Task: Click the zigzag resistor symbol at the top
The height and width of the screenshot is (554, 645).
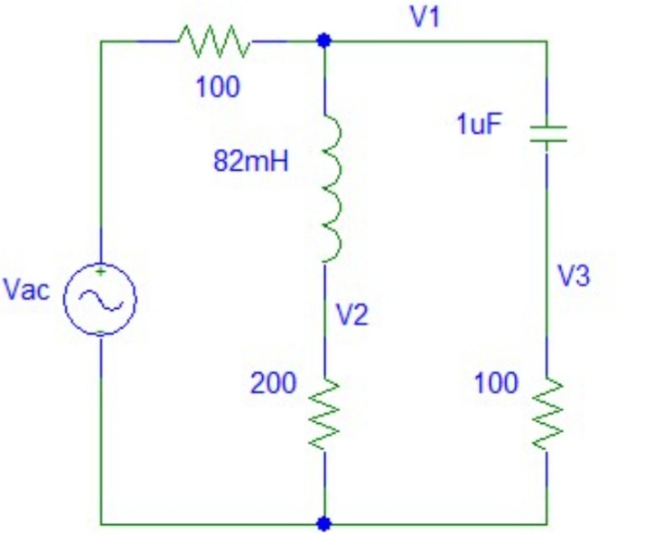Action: point(214,41)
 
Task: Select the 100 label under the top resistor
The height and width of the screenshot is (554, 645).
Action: point(218,88)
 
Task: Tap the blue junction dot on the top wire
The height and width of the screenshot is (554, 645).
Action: point(324,41)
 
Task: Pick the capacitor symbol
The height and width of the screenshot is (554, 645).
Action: point(547,135)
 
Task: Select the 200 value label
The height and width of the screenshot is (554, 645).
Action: point(273,383)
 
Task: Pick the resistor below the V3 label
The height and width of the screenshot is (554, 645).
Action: point(547,413)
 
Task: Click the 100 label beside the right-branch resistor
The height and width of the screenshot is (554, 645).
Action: point(496,383)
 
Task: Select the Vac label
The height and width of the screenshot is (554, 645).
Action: point(27,291)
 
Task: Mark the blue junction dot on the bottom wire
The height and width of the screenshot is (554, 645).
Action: point(324,522)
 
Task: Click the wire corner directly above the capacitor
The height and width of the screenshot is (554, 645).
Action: point(547,41)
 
